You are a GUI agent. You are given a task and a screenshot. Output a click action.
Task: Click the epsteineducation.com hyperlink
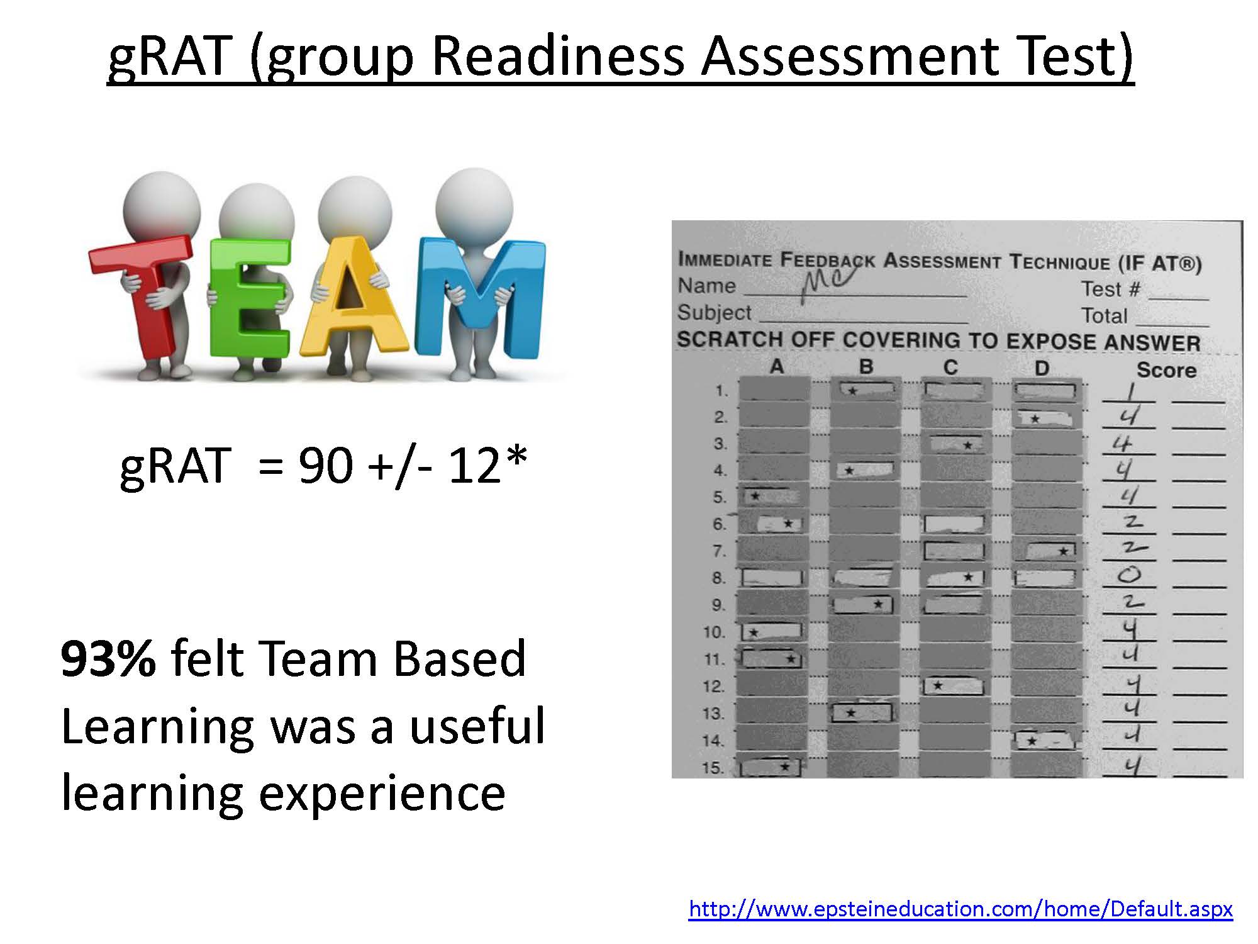pyautogui.click(x=960, y=909)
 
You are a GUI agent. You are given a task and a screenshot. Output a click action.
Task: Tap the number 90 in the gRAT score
pyautogui.click(x=325, y=466)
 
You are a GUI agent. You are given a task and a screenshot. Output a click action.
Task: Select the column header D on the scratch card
pyautogui.click(x=1042, y=368)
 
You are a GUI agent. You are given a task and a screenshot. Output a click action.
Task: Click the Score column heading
pyautogui.click(x=1166, y=370)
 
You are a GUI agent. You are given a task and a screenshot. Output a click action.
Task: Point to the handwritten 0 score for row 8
pyautogui.click(x=1130, y=575)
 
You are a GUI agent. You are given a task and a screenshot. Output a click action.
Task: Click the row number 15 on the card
pyautogui.click(x=713, y=768)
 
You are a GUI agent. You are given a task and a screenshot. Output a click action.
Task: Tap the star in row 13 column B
pyautogui.click(x=850, y=713)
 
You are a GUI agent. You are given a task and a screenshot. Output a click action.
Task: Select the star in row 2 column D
pyautogui.click(x=1035, y=419)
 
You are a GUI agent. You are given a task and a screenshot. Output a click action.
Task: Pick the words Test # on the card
pyautogui.click(x=1110, y=289)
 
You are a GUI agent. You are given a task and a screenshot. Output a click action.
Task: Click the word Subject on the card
pyautogui.click(x=714, y=313)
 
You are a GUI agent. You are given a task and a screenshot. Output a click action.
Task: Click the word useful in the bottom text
pyautogui.click(x=477, y=726)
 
